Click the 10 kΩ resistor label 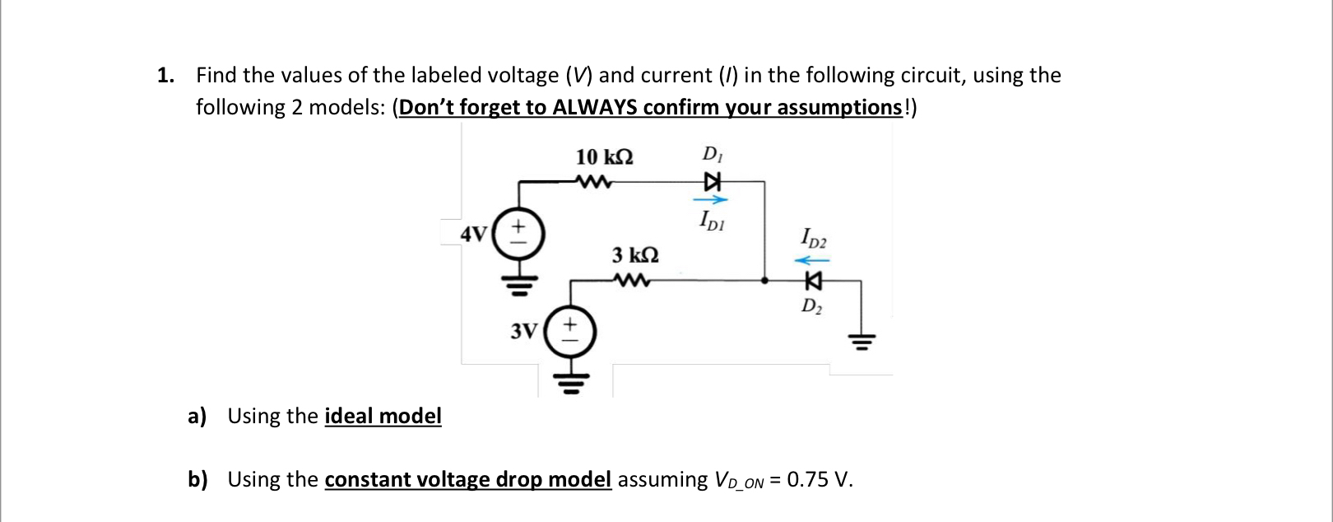point(605,156)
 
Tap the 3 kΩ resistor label point(635,254)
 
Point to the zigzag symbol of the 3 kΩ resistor point(633,282)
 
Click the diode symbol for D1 point(712,181)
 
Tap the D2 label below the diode point(811,307)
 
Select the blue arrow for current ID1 point(710,199)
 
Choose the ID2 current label point(814,239)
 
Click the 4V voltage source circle point(518,233)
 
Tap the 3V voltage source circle point(568,332)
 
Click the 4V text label point(473,234)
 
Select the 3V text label point(523,332)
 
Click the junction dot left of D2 point(765,281)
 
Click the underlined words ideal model point(383,417)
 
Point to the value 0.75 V point(819,479)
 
